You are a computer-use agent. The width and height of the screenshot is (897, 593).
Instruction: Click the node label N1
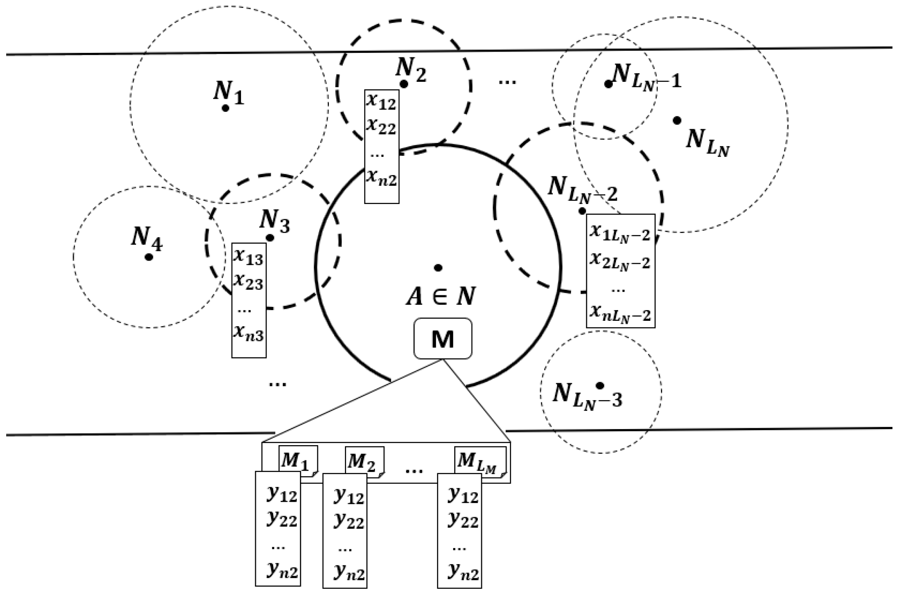(228, 94)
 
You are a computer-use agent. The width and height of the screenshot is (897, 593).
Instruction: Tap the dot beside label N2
(404, 84)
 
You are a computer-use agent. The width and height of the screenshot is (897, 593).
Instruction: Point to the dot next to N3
(270, 238)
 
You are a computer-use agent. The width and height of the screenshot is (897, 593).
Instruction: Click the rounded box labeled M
(442, 339)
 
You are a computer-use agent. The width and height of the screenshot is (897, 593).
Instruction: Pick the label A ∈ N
(440, 296)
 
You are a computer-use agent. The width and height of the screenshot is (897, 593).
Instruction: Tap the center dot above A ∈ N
(438, 268)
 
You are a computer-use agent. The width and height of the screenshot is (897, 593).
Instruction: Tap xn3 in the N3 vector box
(248, 332)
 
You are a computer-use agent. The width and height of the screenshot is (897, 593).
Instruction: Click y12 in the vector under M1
(282, 495)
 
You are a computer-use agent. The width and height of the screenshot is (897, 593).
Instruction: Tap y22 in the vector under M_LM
(463, 520)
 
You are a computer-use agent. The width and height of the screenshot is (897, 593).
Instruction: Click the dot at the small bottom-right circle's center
(600, 385)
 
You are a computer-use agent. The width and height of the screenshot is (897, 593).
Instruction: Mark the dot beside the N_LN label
(677, 120)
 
